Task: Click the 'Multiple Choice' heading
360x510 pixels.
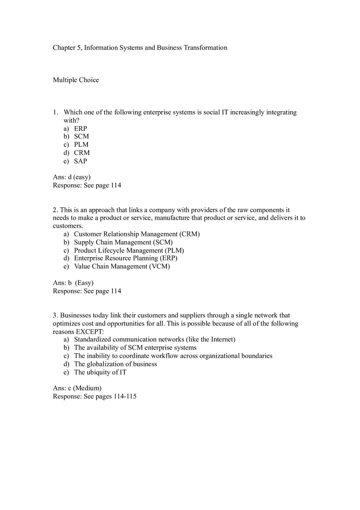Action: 76,80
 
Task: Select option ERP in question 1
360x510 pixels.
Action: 81,128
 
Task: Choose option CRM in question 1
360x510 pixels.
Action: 82,153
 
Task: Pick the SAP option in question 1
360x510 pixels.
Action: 81,161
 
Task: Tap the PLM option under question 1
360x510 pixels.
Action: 81,144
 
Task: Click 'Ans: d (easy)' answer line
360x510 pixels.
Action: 72,177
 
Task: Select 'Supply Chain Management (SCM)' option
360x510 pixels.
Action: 123,242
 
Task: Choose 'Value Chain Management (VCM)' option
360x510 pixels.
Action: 122,266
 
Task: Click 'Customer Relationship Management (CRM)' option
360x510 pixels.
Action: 137,234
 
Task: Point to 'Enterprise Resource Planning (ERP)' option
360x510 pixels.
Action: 126,258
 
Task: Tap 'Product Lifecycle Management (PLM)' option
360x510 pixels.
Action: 129,250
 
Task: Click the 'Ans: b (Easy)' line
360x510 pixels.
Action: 73,283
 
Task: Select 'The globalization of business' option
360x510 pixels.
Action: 115,364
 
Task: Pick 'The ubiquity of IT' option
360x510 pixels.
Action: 100,372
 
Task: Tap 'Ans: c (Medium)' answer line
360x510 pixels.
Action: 77,388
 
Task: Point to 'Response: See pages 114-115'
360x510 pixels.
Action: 94,396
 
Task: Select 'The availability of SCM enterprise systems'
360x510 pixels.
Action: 135,348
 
